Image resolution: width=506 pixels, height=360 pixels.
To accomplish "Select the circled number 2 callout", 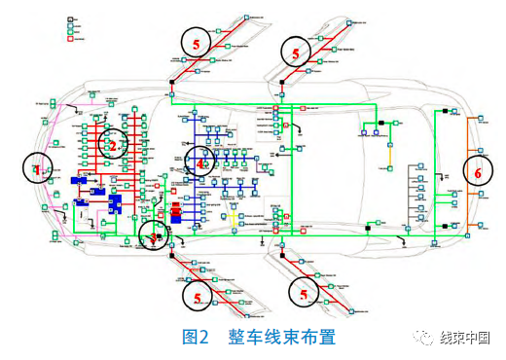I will [x=115, y=146].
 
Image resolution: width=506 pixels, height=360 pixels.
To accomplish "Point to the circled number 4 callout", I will [x=202, y=162].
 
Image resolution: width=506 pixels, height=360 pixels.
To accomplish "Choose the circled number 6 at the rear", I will [x=478, y=170].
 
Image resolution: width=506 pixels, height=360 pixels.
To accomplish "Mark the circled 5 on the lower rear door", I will [x=305, y=292].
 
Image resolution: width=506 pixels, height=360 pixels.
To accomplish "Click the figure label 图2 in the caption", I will [x=198, y=337].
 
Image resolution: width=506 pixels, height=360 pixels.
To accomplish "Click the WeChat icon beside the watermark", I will [x=424, y=337].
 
